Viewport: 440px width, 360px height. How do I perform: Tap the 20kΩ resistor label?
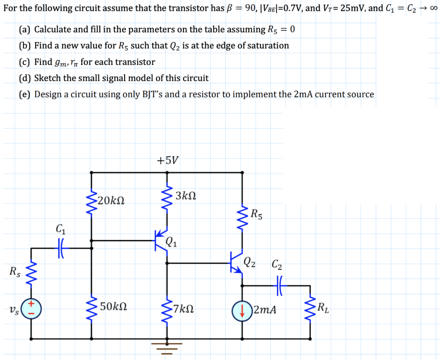[x=111, y=201]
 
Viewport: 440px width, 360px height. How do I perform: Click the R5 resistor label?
[x=256, y=214]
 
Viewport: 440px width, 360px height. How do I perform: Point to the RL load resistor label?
[x=323, y=308]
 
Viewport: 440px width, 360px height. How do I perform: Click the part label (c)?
[x=25, y=62]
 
